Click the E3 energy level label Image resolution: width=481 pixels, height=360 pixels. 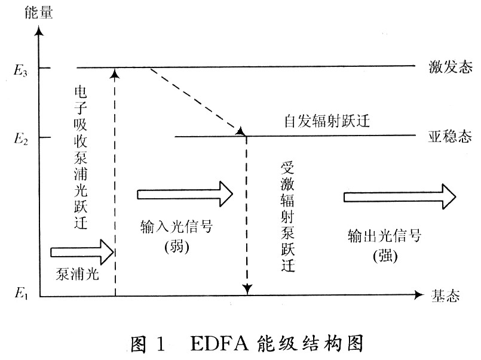pyautogui.click(x=21, y=70)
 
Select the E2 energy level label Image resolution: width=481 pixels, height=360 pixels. pyautogui.click(x=21, y=139)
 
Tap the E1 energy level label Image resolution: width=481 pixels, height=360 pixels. pyautogui.click(x=22, y=294)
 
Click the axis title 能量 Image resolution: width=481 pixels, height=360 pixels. pyautogui.click(x=39, y=13)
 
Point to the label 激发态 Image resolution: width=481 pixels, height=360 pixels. pyautogui.click(x=451, y=67)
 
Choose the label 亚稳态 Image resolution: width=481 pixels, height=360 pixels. pyautogui.click(x=450, y=136)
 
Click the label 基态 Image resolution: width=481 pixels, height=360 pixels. pyautogui.click(x=445, y=296)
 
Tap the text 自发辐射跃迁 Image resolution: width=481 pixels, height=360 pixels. pyautogui.click(x=327, y=121)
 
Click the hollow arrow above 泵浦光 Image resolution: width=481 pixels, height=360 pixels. pyautogui.click(x=82, y=252)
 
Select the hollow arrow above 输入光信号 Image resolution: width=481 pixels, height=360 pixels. pyautogui.click(x=185, y=194)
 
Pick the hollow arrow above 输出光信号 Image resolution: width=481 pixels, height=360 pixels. pyautogui.click(x=400, y=196)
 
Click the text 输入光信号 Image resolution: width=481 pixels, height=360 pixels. pyautogui.click(x=176, y=227)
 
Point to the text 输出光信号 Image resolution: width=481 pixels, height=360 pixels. pyautogui.click(x=385, y=236)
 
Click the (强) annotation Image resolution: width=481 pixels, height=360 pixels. pyautogui.click(x=385, y=256)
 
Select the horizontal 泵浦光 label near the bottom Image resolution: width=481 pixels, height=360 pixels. pyautogui.click(x=77, y=273)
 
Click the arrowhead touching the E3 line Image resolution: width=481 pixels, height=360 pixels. pyautogui.click(x=115, y=73)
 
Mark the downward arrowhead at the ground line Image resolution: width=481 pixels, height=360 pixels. pyautogui.click(x=247, y=289)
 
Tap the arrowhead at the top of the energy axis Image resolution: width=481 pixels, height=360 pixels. pyautogui.click(x=39, y=31)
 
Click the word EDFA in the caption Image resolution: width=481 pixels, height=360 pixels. pyautogui.click(x=219, y=343)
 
